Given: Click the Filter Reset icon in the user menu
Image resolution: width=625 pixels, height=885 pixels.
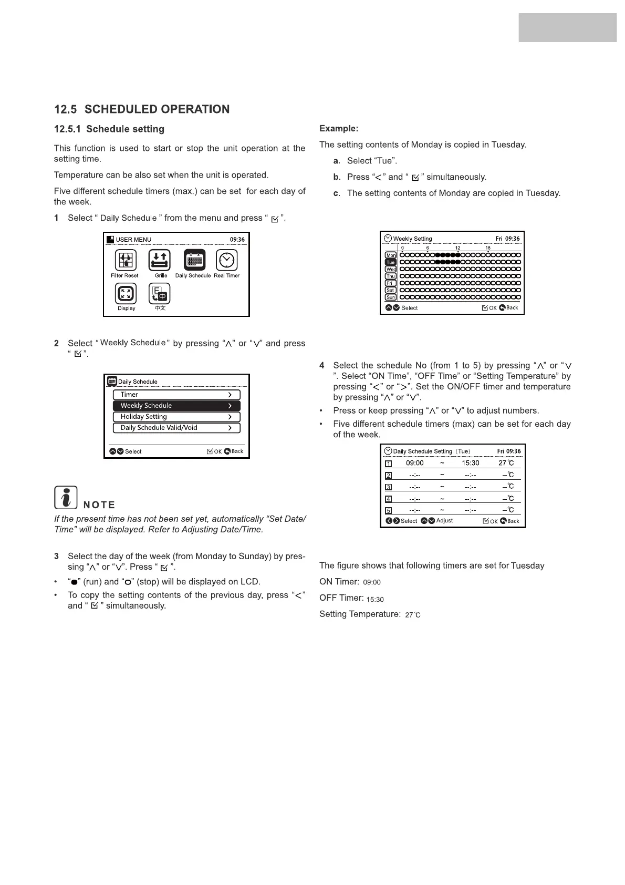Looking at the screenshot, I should (125, 260).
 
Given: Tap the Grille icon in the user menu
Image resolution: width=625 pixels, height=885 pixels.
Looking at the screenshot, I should (160, 260).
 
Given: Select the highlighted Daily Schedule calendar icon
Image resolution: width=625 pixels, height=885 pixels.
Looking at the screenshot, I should (194, 260).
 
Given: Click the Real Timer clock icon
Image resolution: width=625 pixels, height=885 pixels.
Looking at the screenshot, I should (227, 260).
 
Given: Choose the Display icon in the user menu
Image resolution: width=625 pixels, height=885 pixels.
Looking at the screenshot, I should (126, 294).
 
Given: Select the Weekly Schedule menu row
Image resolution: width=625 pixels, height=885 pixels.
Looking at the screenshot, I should (176, 406).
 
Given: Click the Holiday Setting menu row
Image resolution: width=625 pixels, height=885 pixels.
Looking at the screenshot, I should (176, 417).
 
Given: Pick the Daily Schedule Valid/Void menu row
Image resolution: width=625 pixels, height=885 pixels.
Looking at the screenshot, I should (176, 428).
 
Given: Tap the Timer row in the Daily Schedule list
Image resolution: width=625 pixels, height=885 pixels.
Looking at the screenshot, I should (176, 395).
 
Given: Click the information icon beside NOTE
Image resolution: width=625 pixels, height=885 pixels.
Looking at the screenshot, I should (66, 498).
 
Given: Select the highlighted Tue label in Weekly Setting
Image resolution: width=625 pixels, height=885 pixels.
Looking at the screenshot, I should (390, 262).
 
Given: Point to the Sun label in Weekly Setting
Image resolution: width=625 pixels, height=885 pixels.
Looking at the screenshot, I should (390, 297).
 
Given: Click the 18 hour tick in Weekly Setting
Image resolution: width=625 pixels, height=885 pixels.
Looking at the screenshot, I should (488, 248).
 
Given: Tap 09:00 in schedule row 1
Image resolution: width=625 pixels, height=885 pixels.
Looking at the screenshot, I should (415, 463).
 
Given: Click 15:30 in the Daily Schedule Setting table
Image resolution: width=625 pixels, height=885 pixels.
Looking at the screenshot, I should (471, 463).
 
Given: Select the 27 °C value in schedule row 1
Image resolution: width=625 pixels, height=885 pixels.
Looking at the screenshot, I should (506, 463).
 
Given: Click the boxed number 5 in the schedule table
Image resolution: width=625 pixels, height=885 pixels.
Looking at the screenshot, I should (389, 510).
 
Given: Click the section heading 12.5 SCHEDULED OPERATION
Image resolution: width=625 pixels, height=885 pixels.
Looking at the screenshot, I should (142, 109).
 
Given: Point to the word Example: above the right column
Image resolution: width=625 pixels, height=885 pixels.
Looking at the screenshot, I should (339, 129).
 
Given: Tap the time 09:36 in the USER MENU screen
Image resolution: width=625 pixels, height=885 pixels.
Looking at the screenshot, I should (237, 240).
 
